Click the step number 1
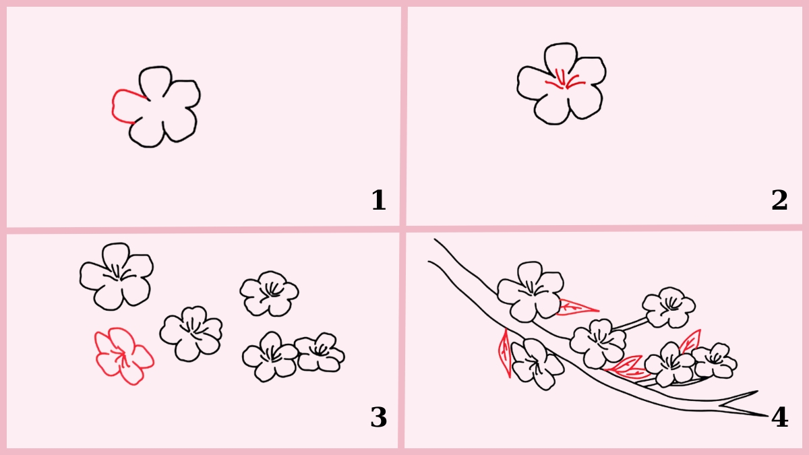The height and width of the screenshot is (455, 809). point(378,201)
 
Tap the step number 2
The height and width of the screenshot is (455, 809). point(779,201)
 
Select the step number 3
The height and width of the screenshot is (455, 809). point(378,418)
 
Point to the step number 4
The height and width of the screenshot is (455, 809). point(779,418)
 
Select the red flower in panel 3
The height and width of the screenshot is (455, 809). point(123,355)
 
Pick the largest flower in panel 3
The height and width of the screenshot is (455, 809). point(116,276)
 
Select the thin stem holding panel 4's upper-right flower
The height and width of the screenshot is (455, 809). point(630,325)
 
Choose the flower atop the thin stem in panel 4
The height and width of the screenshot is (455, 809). point(669,307)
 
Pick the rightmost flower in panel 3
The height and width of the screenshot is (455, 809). point(320,353)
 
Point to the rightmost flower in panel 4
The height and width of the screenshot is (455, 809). point(713,361)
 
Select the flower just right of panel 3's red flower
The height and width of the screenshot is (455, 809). point(191,332)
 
